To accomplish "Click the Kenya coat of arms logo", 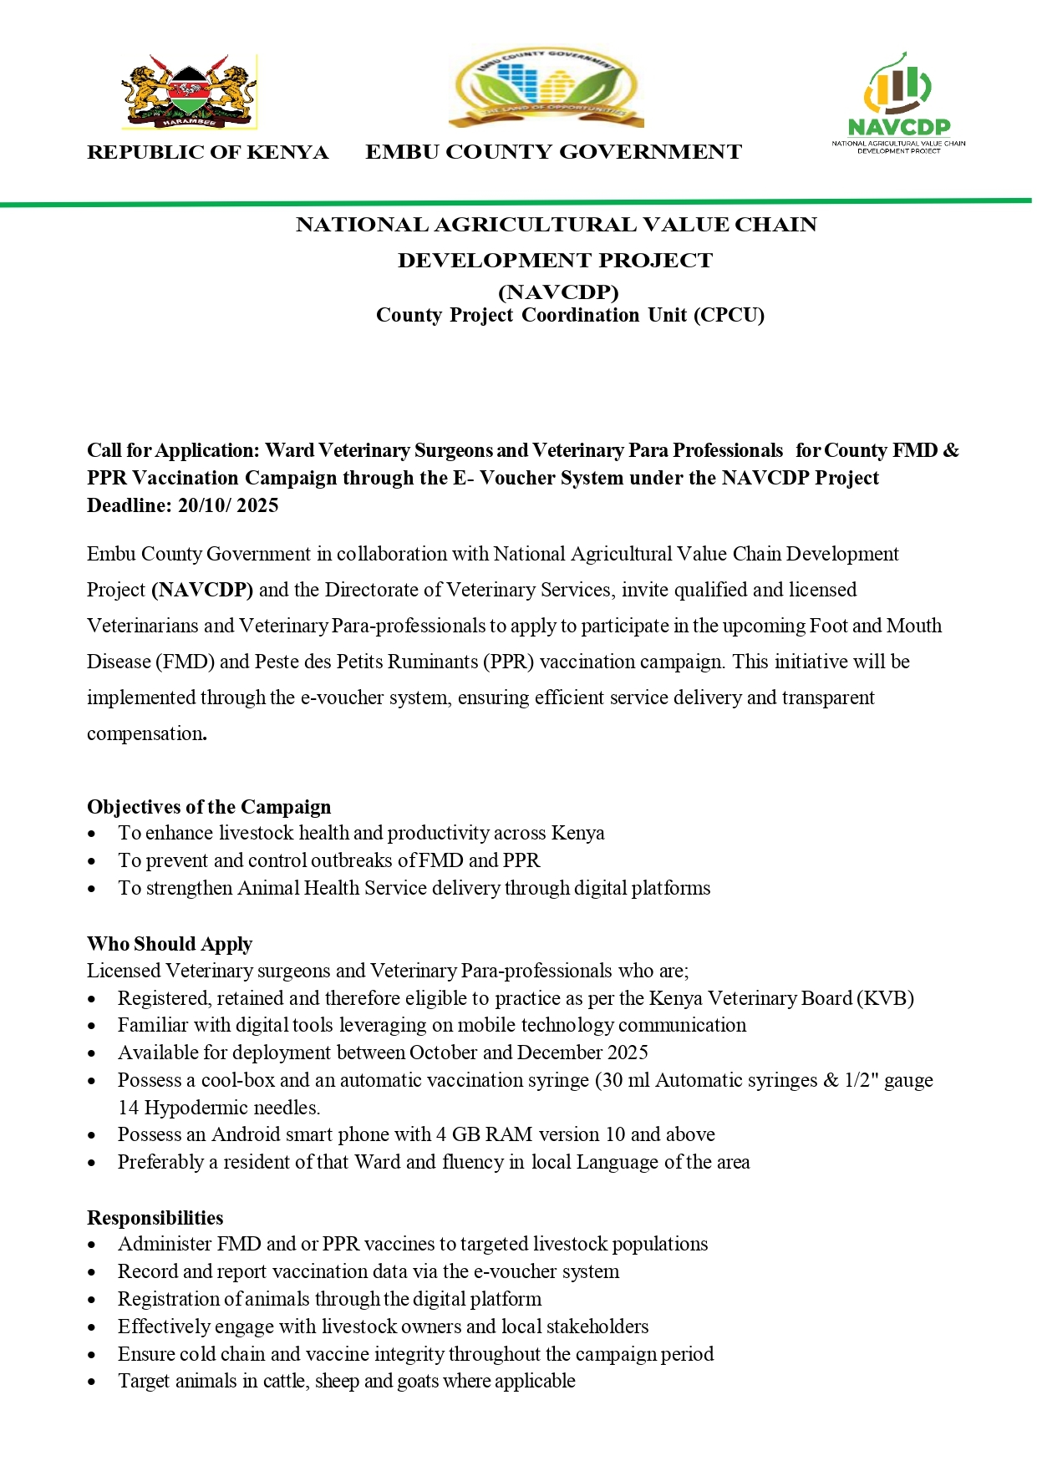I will tap(190, 92).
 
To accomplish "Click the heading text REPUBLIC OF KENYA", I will tap(207, 152).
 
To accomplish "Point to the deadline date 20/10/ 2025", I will tap(228, 505).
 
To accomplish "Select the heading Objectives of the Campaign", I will tap(209, 807).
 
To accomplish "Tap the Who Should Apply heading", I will tap(170, 944).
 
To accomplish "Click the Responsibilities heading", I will tap(155, 1218).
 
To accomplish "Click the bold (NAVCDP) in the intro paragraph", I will tap(202, 590).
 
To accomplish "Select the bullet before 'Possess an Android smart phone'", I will tap(92, 1136).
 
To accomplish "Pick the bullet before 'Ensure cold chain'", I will tap(92, 1355).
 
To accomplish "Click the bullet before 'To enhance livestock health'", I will tap(92, 834).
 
